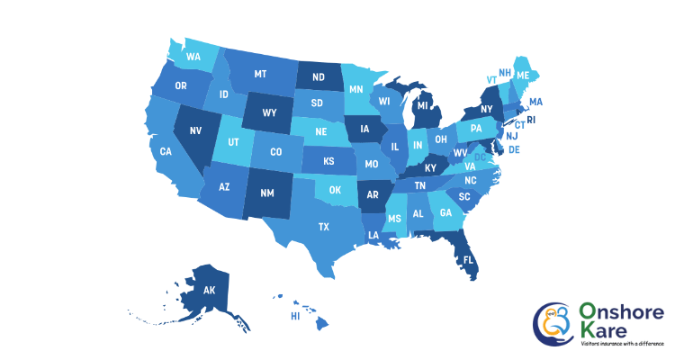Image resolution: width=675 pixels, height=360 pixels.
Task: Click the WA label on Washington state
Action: click(x=193, y=58)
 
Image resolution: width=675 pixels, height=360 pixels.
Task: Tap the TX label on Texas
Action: click(x=323, y=227)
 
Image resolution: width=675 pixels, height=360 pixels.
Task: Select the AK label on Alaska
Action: click(x=209, y=291)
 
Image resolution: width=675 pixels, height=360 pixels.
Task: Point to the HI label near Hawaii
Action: click(x=294, y=317)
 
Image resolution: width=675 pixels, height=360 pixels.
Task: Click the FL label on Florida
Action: click(x=468, y=260)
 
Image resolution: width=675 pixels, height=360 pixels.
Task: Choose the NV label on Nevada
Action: click(x=195, y=130)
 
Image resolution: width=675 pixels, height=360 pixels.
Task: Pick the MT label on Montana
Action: click(x=261, y=74)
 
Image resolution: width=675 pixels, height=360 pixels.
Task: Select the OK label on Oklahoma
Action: click(x=336, y=191)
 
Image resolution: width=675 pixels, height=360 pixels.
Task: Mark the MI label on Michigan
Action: click(x=420, y=106)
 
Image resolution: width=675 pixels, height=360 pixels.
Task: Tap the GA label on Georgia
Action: click(x=445, y=214)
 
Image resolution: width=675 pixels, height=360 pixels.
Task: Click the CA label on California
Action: click(x=166, y=151)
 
